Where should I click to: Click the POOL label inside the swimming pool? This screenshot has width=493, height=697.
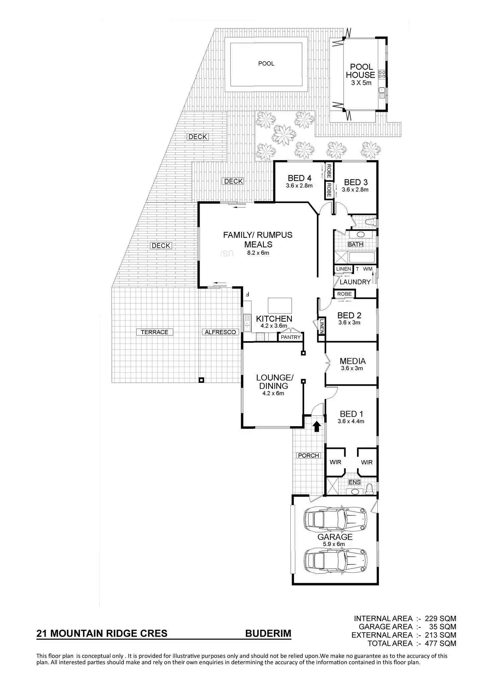pos(266,64)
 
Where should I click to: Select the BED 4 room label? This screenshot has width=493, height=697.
pos(299,178)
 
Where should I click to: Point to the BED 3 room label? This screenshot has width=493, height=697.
pos(356,182)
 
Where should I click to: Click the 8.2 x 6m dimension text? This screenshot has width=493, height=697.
pos(258,253)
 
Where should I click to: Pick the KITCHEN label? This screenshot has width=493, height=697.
pos(274,319)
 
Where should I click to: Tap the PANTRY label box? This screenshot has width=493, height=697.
pos(290,337)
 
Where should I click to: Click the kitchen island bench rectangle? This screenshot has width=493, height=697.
pos(279,305)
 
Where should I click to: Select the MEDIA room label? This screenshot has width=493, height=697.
pos(352,361)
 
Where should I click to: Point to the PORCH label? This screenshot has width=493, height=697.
pos(308,455)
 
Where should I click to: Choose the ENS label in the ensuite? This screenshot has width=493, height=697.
pos(354,482)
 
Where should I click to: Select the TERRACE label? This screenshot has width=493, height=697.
pos(154,332)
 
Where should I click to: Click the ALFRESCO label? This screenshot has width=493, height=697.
pos(220,332)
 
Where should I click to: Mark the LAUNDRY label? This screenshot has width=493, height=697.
pos(355,282)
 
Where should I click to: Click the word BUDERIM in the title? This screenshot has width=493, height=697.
pos(268,633)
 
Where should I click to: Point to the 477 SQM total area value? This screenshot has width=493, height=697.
pos(440,643)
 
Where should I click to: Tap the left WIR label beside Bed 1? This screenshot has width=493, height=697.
pos(335,462)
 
